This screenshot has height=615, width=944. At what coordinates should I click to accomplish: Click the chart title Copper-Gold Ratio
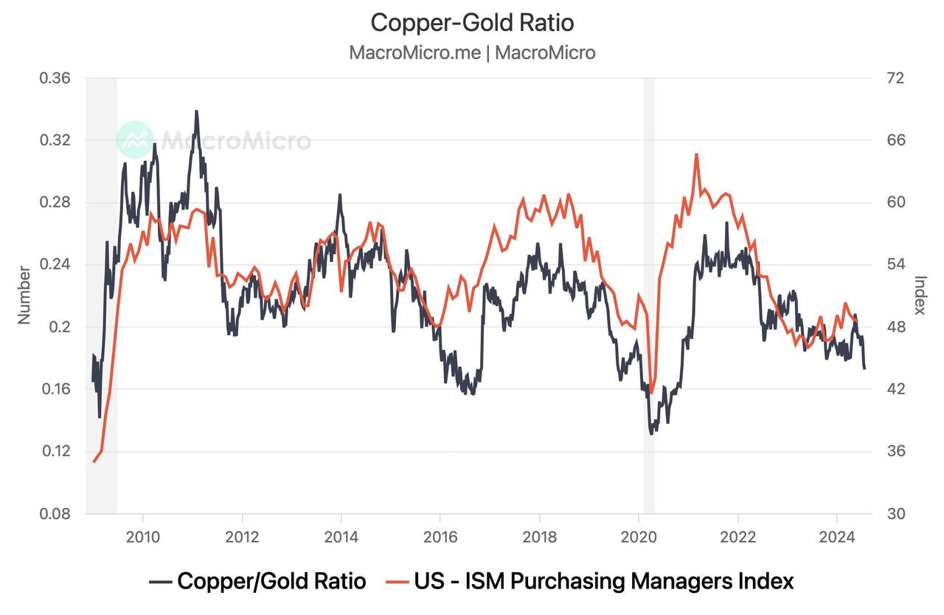[472, 23]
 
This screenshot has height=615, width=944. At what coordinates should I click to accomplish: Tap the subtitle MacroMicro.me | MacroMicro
[472, 53]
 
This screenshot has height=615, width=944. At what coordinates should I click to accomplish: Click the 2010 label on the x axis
[143, 536]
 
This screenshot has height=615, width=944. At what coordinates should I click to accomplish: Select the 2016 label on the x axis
[440, 536]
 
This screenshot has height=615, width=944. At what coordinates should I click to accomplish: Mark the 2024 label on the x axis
[837, 536]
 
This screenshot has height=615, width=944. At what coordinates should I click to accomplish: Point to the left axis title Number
[24, 295]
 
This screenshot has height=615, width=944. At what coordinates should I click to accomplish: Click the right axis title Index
[920, 295]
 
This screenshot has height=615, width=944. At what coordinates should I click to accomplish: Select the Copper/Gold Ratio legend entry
[257, 581]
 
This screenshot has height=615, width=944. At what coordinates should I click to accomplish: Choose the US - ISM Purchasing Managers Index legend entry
[589, 581]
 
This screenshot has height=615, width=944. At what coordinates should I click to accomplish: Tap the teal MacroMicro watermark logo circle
[135, 140]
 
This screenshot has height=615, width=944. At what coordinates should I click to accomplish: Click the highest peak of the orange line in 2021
[696, 154]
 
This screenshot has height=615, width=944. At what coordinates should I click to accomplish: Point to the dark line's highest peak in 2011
[196, 111]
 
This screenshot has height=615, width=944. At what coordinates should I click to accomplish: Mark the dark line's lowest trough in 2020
[651, 433]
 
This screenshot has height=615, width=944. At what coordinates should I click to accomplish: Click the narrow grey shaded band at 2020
[649, 295]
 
